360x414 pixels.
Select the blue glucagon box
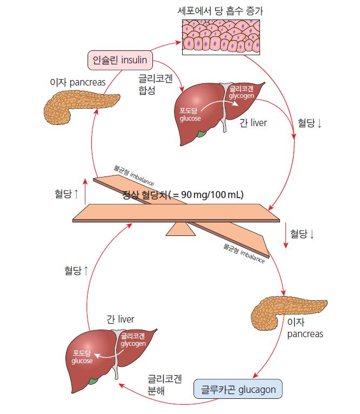(x=238, y=389)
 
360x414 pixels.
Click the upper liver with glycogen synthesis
(x=214, y=111)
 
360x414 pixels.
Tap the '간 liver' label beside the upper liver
(x=253, y=123)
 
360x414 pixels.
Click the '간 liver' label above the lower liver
(x=120, y=319)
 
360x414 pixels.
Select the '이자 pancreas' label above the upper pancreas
(x=78, y=82)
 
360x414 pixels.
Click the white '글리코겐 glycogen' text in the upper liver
(x=241, y=91)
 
